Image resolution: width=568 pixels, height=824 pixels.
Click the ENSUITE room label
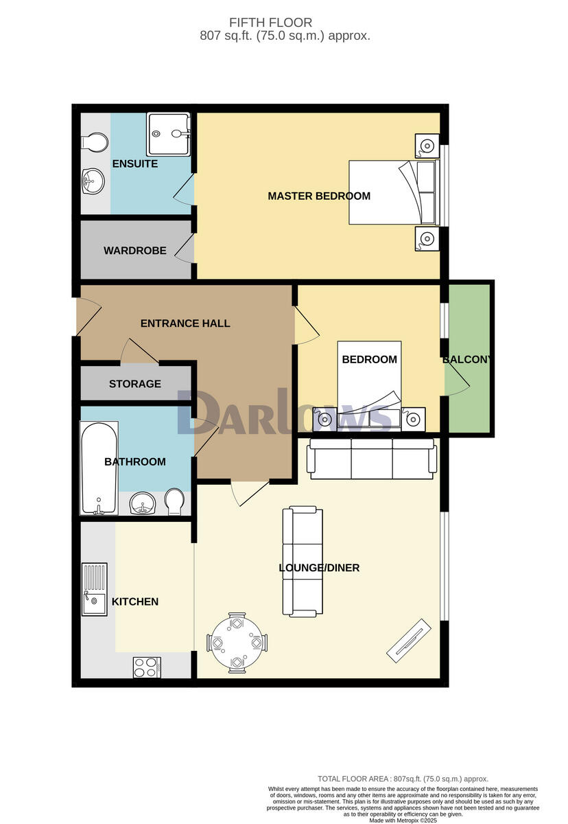click(x=135, y=164)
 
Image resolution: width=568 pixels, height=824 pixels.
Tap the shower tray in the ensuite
click(x=167, y=134)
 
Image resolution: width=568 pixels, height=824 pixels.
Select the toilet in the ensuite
click(x=93, y=143)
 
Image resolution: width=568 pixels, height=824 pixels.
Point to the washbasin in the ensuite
click(x=91, y=181)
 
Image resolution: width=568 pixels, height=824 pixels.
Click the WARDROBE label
click(x=135, y=251)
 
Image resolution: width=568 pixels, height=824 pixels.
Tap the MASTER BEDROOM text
click(x=319, y=196)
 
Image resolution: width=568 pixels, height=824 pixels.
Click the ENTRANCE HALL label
click(x=185, y=323)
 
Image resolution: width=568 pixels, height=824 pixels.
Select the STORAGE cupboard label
click(x=135, y=384)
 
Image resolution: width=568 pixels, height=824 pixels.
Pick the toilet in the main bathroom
click(x=175, y=503)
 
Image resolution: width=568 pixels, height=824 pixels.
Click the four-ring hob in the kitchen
click(x=147, y=667)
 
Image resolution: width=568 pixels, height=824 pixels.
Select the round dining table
click(x=237, y=643)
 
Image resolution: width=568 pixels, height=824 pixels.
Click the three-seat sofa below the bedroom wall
click(x=372, y=458)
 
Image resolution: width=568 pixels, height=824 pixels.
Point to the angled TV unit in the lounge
click(x=408, y=641)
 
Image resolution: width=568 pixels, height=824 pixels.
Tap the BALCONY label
click(x=466, y=360)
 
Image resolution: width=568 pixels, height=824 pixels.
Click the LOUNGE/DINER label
click(x=319, y=568)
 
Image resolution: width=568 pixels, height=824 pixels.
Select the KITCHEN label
click(x=135, y=602)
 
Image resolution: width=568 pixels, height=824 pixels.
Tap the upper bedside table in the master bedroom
click(x=427, y=146)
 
